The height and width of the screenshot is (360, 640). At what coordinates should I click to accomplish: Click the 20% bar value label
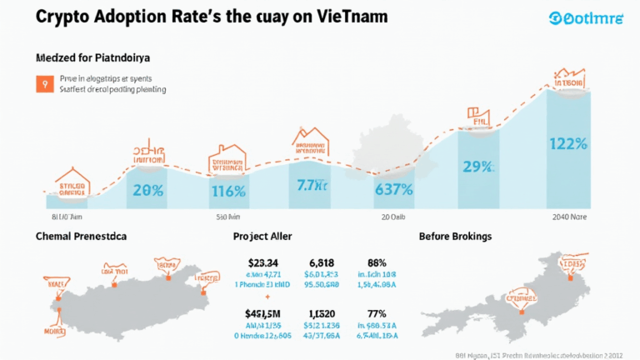click(x=147, y=190)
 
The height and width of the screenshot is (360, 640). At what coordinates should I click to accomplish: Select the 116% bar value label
click(x=227, y=191)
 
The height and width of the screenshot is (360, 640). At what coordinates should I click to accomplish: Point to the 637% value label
click(x=394, y=189)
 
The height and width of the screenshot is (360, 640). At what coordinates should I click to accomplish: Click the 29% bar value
click(x=477, y=167)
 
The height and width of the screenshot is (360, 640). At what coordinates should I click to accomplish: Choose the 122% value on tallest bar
click(x=569, y=142)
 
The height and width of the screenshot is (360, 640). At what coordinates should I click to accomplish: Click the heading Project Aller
click(x=267, y=237)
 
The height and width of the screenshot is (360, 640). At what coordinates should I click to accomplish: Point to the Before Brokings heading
click(x=455, y=237)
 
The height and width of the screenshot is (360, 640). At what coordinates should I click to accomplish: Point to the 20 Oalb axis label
click(x=393, y=217)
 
